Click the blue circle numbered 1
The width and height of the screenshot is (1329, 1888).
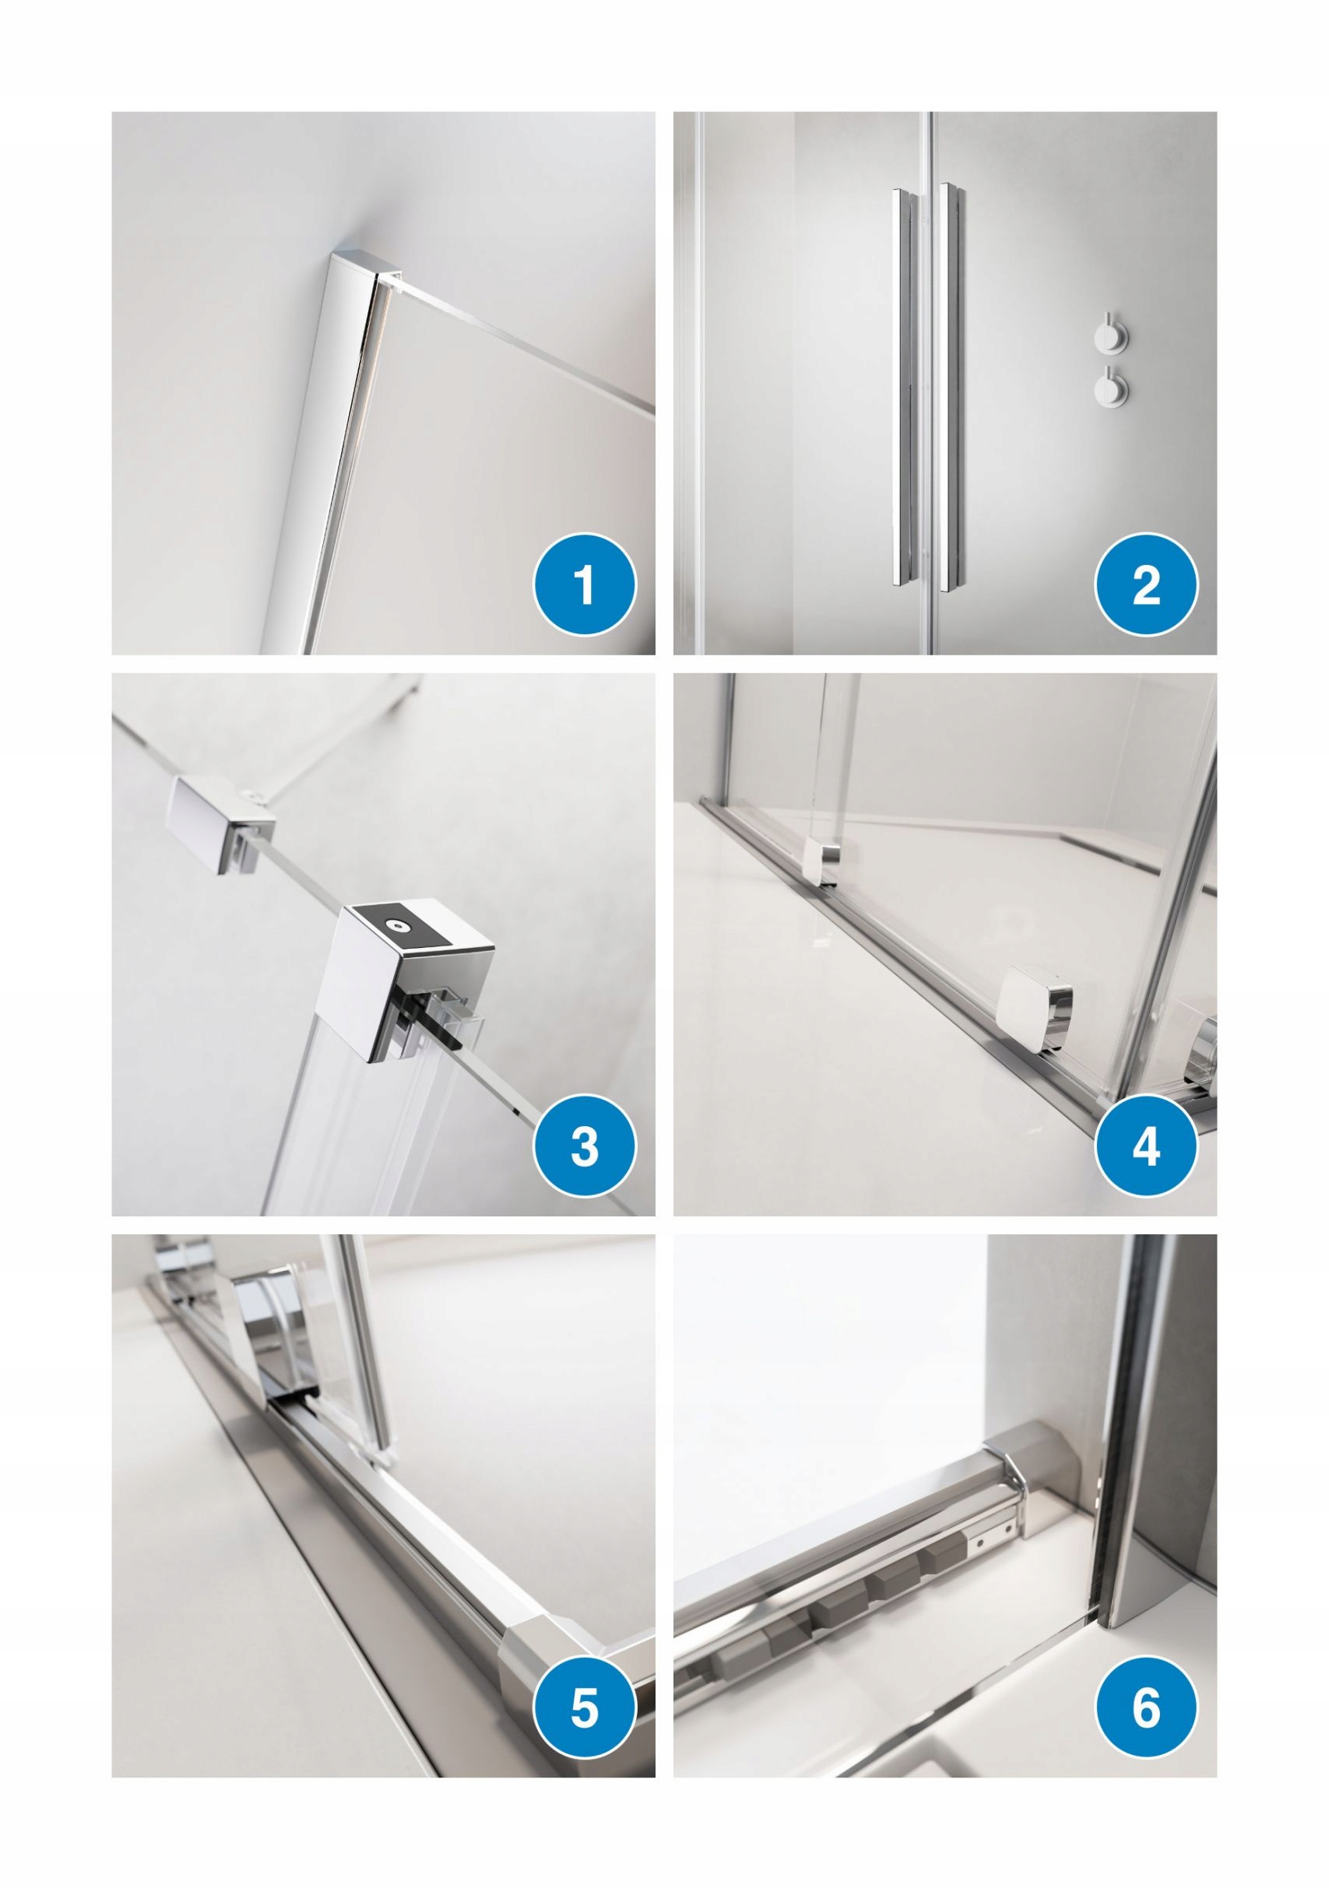pos(585,585)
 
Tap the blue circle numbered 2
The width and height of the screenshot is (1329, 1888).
pos(1146,585)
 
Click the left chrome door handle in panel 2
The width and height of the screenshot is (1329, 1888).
pos(902,387)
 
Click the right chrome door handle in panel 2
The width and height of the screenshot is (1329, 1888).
pos(955,387)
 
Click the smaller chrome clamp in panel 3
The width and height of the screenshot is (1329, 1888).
pos(221,825)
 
